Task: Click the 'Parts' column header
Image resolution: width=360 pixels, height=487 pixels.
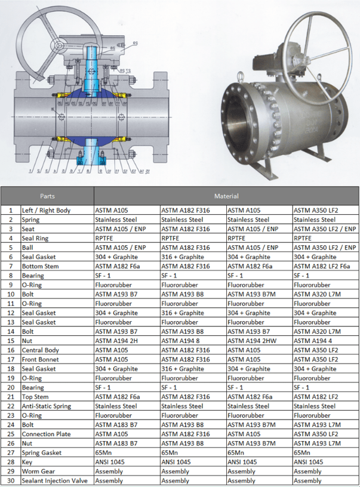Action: click(x=47, y=196)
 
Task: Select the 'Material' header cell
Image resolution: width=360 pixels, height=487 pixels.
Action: click(x=226, y=196)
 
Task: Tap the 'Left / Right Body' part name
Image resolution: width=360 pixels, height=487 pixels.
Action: click(x=46, y=210)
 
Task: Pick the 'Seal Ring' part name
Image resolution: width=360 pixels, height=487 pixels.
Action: click(x=36, y=238)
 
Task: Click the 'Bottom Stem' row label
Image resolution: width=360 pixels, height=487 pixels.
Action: click(x=40, y=266)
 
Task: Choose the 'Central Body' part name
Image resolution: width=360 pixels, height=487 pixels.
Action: click(x=41, y=350)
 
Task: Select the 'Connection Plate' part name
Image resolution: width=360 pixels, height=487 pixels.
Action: click(x=45, y=434)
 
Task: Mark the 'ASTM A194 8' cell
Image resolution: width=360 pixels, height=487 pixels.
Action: click(x=182, y=341)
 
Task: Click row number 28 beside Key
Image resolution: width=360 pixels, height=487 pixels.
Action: click(x=10, y=462)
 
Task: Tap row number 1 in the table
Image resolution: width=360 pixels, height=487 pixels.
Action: click(x=10, y=210)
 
